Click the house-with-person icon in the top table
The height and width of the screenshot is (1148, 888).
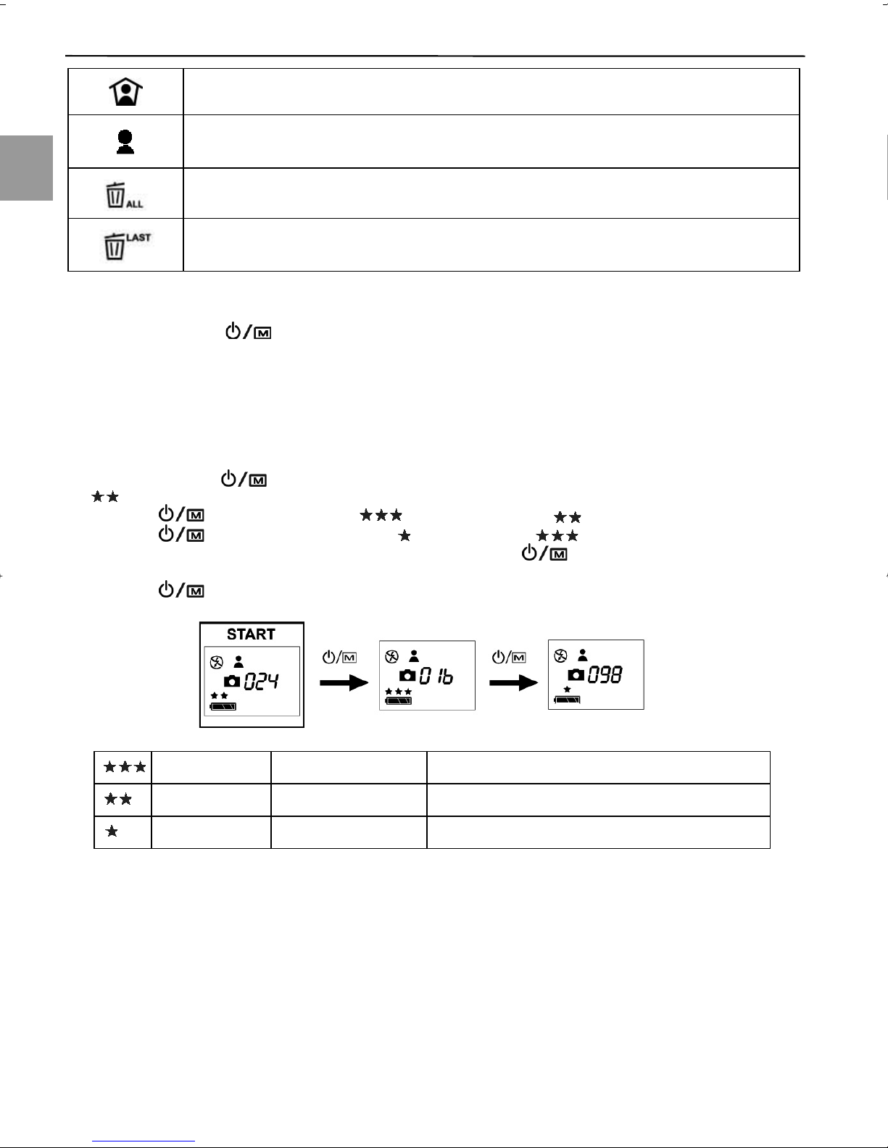pyautogui.click(x=125, y=92)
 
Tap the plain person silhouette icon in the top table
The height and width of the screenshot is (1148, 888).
pyautogui.click(x=125, y=142)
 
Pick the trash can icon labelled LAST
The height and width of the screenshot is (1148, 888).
pyautogui.click(x=125, y=245)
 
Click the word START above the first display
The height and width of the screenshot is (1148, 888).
pyautogui.click(x=251, y=634)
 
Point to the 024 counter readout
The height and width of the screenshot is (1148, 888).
pyautogui.click(x=262, y=681)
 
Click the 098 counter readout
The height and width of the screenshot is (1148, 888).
pyautogui.click(x=605, y=674)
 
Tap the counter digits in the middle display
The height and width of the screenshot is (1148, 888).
pyautogui.click(x=436, y=676)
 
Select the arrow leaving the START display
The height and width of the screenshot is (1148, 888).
pyautogui.click(x=344, y=683)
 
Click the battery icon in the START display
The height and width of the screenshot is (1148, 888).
pyautogui.click(x=223, y=706)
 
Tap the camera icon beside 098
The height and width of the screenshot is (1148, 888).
pyautogui.click(x=576, y=675)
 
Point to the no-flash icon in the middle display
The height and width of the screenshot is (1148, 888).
pyautogui.click(x=391, y=657)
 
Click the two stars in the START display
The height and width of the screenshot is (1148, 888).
pyautogui.click(x=219, y=695)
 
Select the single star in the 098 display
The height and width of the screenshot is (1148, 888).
pyautogui.click(x=566, y=690)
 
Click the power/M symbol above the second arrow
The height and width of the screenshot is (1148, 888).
pyautogui.click(x=509, y=658)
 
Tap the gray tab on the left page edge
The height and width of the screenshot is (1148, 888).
pyautogui.click(x=26, y=167)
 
